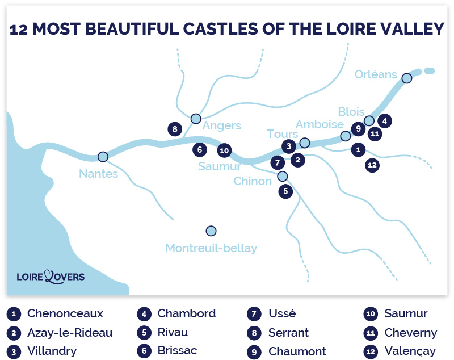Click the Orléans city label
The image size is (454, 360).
376,74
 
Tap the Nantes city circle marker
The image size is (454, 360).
103,156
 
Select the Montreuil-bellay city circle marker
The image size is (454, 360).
211,231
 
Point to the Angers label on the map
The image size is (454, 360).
222,126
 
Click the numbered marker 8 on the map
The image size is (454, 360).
174,129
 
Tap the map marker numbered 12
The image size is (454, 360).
372,165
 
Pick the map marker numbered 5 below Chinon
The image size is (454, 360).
285,191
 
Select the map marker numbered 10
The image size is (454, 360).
224,150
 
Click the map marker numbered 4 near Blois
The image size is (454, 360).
384,121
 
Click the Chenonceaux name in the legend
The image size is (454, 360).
65,313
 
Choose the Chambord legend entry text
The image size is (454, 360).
186,313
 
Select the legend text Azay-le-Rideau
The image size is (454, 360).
70,332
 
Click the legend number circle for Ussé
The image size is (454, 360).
254,314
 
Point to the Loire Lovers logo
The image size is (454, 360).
51,277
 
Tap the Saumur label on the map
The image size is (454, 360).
220,166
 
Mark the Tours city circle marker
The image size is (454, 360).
305,143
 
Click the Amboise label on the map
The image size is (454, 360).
320,124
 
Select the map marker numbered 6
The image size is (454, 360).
199,150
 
